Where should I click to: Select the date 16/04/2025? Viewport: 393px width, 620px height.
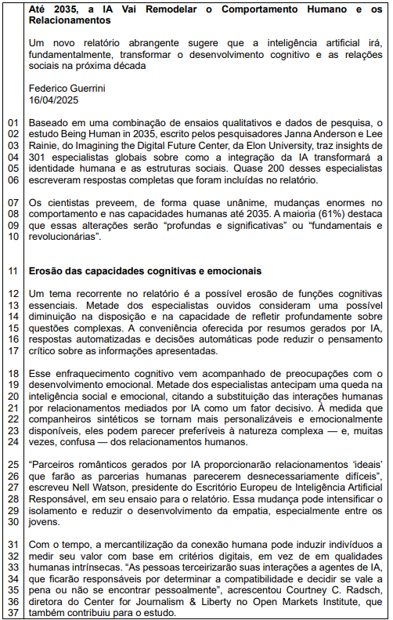[x=53, y=100]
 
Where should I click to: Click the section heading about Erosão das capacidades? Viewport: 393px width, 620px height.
[x=145, y=271]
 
